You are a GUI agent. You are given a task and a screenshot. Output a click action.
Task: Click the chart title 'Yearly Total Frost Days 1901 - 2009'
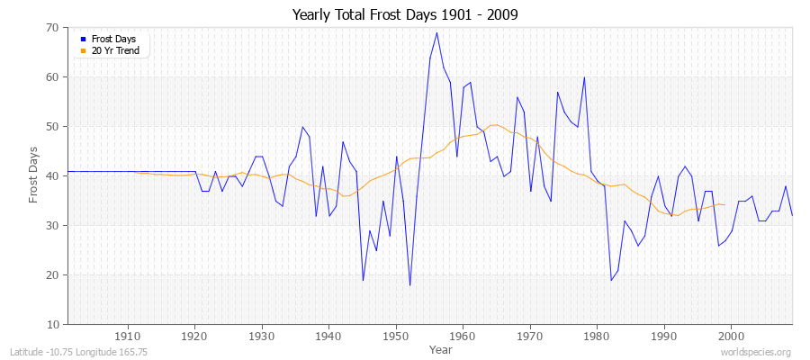[x=405, y=15]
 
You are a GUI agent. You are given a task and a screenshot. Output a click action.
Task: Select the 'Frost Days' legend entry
[x=112, y=40]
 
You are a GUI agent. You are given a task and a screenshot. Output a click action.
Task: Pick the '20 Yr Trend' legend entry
[x=112, y=50]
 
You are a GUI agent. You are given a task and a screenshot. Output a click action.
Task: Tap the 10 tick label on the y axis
[x=53, y=324]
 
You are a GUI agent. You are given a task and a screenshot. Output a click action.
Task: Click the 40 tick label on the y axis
[x=53, y=176]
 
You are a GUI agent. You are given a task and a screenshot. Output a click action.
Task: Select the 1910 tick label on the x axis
[x=127, y=337]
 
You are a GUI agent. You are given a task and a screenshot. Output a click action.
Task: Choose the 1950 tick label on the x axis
[x=396, y=337]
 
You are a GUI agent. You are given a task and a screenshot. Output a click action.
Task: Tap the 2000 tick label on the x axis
[x=732, y=337]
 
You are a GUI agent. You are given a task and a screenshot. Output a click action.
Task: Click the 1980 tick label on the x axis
[x=598, y=337]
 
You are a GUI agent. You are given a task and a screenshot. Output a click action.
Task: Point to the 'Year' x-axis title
[x=441, y=348]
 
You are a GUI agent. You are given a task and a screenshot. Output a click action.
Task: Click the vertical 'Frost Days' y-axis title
[x=34, y=176]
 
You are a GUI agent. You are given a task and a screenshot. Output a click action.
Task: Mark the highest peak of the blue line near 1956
[x=436, y=33]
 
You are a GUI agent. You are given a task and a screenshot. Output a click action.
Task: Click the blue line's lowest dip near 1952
[x=409, y=285]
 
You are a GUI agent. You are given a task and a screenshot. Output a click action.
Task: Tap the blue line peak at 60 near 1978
[x=584, y=77]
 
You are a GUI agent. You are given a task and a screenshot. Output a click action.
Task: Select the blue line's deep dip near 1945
[x=363, y=280]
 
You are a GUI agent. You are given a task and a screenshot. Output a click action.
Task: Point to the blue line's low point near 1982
[x=611, y=280]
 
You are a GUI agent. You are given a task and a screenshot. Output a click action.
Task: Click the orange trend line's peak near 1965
[x=494, y=125]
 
